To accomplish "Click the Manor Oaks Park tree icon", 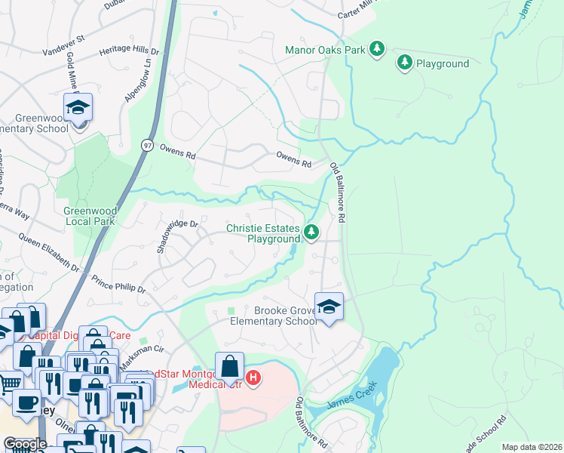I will (377, 50).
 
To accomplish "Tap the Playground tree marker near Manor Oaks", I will (405, 63).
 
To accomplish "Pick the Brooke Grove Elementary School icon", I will (328, 307).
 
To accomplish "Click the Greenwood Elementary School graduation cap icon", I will (78, 107).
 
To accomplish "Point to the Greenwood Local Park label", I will (89, 216).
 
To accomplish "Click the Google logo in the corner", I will (25, 444).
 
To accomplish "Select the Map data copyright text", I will (531, 447).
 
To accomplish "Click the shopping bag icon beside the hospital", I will (230, 368).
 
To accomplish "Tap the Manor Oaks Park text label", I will (325, 50).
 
